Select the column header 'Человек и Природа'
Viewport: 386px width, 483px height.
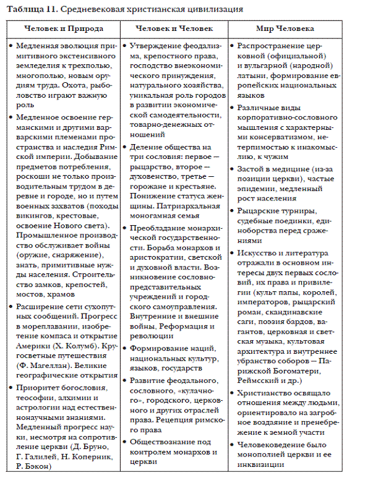pyautogui.click(x=64, y=29)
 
